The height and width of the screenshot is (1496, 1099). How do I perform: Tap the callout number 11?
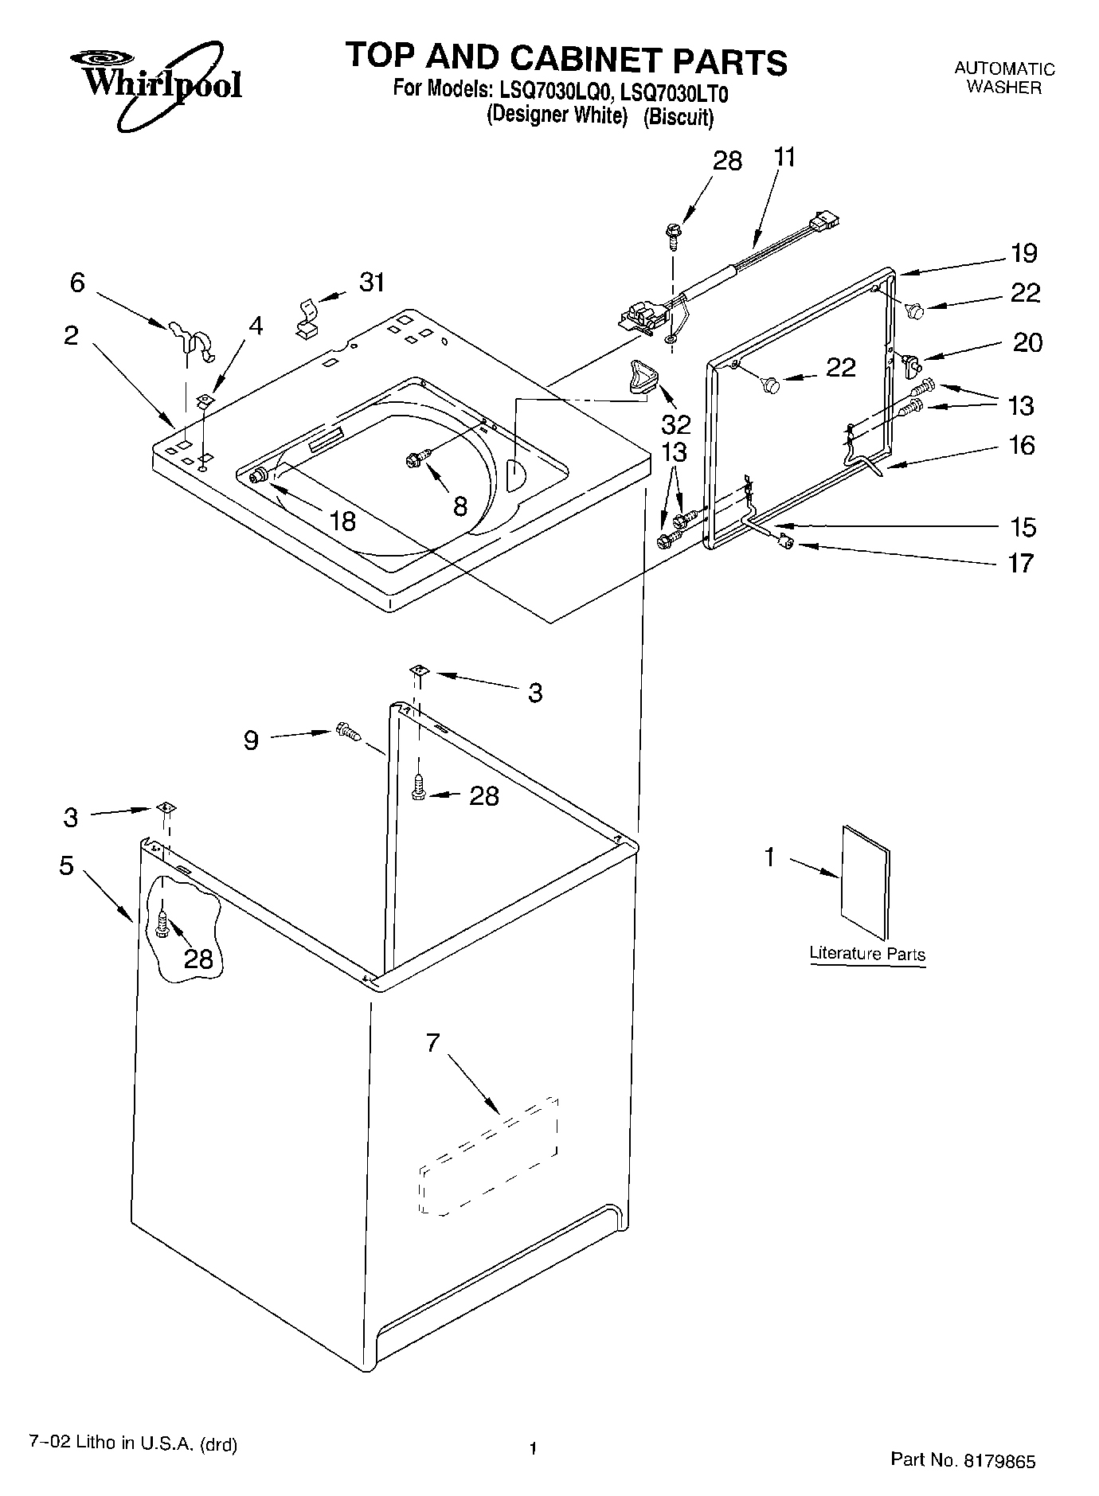[x=784, y=157]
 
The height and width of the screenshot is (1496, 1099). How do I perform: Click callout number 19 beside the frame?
[x=1024, y=253]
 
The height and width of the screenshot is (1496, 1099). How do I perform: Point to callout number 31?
[x=372, y=282]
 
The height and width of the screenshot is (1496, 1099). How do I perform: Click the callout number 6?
[x=77, y=282]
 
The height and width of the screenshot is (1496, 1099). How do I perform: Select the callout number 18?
[x=342, y=521]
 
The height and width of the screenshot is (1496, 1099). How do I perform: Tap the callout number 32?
[x=676, y=422]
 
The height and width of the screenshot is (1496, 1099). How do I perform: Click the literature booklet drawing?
[x=865, y=881]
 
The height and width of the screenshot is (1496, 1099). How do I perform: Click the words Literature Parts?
[x=867, y=953]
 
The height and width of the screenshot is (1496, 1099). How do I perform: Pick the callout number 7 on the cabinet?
[x=432, y=1043]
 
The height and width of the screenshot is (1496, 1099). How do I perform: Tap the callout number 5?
[x=66, y=865]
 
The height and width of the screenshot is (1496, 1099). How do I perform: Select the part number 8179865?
[x=999, y=1461]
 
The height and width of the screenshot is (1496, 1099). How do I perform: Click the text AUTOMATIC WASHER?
[x=1004, y=79]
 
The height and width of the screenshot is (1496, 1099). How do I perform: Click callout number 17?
[x=1021, y=563]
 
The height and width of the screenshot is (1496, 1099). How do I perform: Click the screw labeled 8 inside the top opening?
[x=416, y=458]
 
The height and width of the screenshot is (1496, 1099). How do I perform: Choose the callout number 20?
[x=1027, y=342]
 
